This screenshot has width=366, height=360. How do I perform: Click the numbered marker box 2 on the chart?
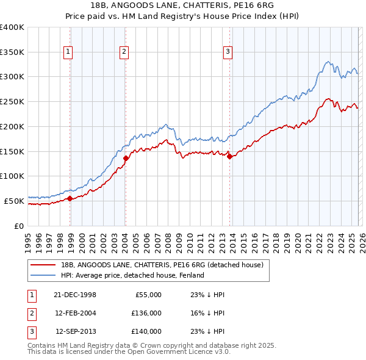coord(124,52)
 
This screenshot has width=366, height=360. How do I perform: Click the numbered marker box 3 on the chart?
coord(228,52)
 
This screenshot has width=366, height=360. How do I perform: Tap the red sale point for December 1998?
coord(70,198)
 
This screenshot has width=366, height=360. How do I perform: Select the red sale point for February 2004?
coord(126,158)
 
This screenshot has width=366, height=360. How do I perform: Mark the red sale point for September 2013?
coord(229,156)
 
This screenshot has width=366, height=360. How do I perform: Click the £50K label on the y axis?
coord(14,200)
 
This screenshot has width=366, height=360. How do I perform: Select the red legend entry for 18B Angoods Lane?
coord(162,265)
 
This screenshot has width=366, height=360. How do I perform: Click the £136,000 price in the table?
coord(146,313)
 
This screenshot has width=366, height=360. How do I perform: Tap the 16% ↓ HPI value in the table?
coord(208,313)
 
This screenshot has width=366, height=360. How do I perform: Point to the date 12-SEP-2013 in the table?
coord(76,331)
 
